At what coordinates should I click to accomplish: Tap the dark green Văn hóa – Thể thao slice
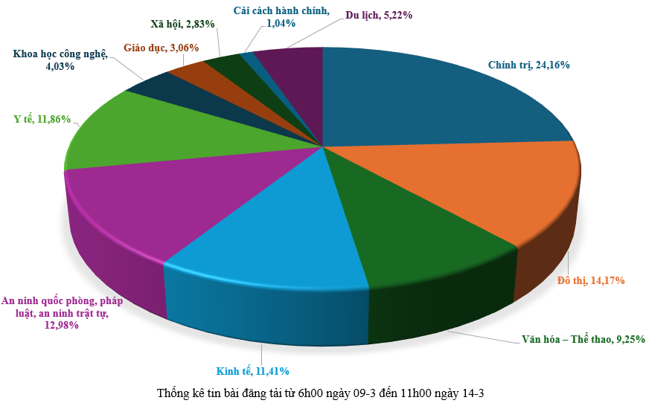[x=417, y=245]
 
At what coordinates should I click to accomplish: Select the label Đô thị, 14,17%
[x=591, y=280]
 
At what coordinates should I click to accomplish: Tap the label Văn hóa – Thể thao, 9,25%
[x=578, y=340]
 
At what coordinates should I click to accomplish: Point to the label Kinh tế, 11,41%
[x=252, y=370]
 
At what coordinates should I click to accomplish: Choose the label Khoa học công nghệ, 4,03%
[x=60, y=59]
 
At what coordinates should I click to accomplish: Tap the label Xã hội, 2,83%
[x=183, y=24]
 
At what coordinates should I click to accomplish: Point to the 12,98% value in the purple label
[x=60, y=326]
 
